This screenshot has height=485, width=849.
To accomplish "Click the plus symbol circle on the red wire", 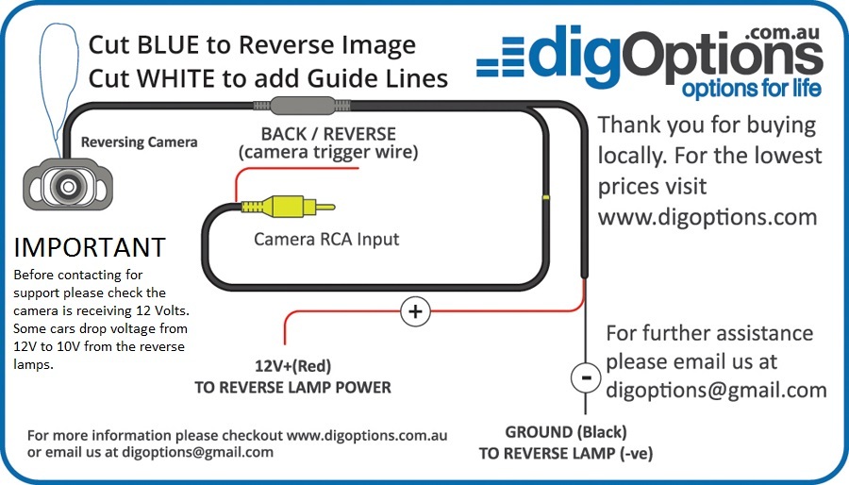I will pos(415,310).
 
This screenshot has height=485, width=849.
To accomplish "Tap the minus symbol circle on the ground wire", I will pos(586,378).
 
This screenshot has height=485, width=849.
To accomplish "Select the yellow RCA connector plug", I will pos(282,205).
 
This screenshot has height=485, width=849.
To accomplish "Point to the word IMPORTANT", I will pos(90,248).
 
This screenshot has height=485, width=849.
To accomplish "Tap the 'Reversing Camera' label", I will pos(140,142).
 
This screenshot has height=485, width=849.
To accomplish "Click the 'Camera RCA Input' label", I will pos(326,239).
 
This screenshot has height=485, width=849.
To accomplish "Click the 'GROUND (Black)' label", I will pos(565,432).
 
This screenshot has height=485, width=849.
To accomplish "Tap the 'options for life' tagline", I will pos(751,90).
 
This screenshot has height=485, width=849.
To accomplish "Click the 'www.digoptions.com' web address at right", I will pos(707,216).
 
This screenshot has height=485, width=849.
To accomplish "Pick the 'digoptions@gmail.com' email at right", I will pos(716,390).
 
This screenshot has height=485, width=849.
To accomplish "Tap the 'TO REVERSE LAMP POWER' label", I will pos(292,387).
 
